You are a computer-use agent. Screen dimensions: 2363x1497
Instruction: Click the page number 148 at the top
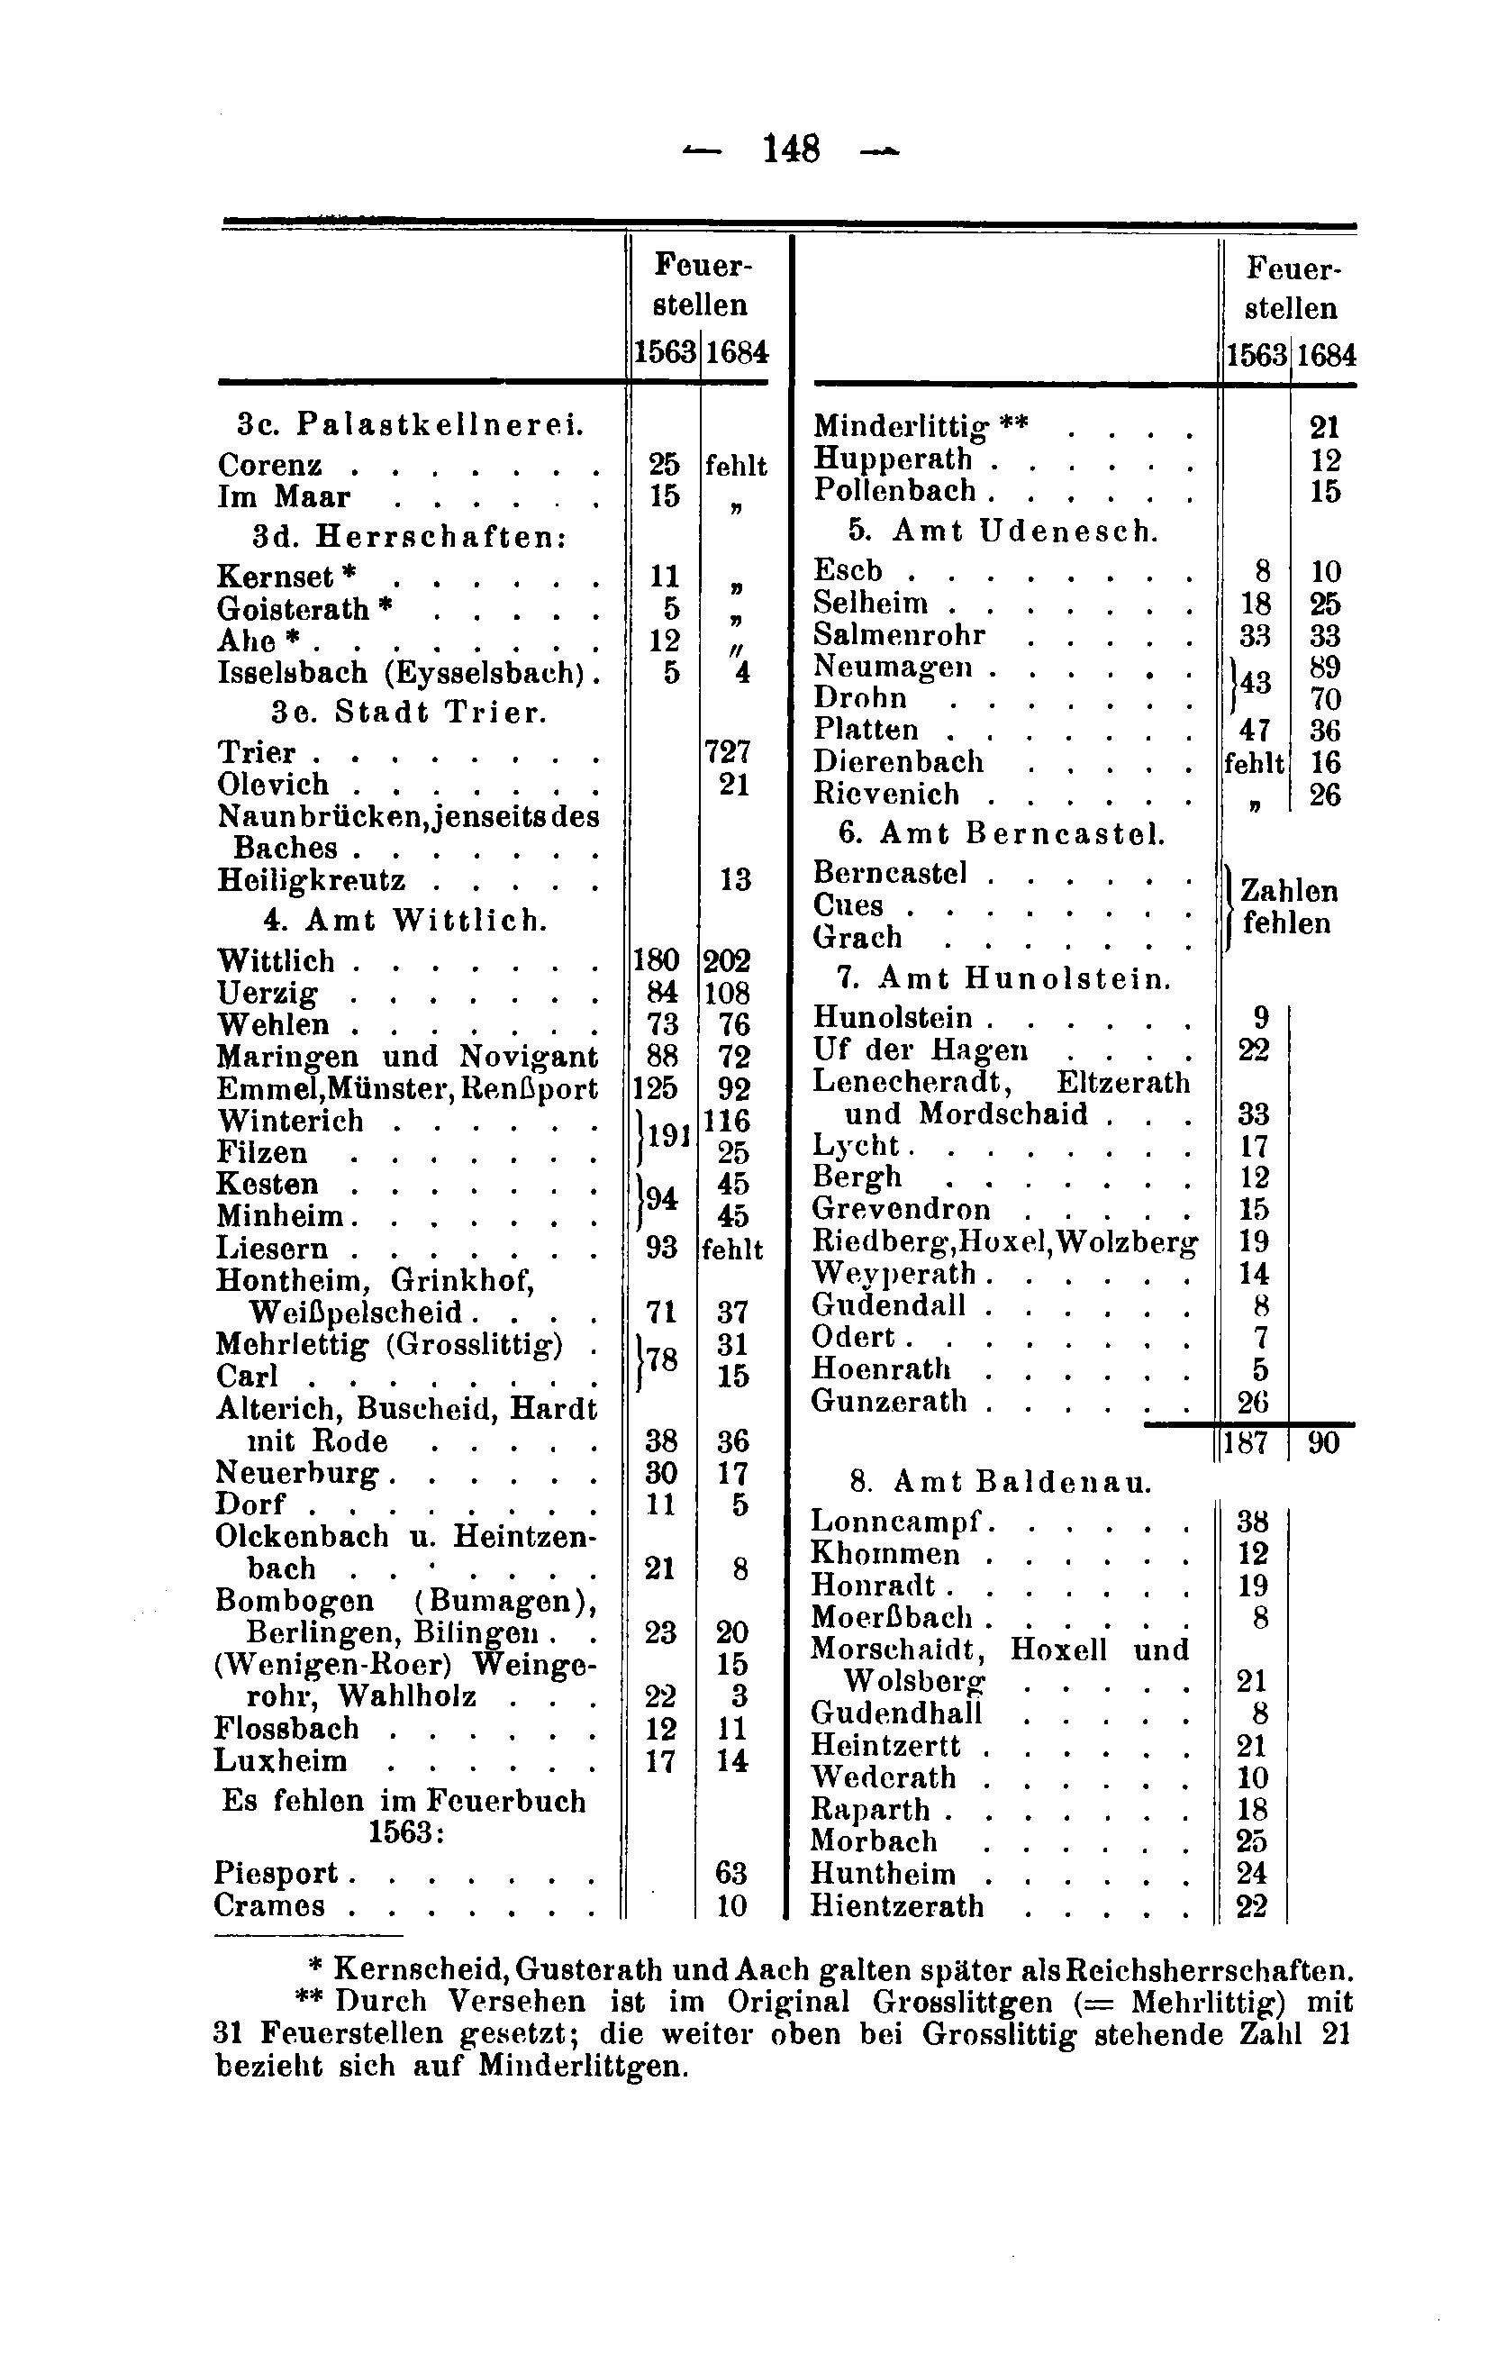(791, 150)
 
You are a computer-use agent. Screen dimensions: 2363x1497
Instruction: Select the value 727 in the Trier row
(729, 752)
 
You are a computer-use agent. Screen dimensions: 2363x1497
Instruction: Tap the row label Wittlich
(276, 960)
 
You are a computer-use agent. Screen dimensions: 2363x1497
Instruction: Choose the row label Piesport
(276, 1873)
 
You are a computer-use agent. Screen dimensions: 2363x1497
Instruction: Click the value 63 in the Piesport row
(730, 1873)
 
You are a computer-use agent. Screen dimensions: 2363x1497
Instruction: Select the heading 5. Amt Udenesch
(1003, 531)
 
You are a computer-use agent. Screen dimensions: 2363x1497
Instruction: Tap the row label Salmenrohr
(899, 635)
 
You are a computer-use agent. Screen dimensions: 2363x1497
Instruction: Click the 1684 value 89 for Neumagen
(1324, 668)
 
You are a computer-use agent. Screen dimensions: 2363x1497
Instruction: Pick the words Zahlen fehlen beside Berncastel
(1288, 906)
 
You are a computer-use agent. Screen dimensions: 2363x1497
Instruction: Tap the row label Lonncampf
(896, 1522)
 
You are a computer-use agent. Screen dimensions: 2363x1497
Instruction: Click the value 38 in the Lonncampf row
(1253, 1522)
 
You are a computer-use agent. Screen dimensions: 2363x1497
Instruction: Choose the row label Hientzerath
(896, 1905)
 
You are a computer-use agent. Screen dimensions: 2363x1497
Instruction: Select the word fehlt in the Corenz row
(735, 465)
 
